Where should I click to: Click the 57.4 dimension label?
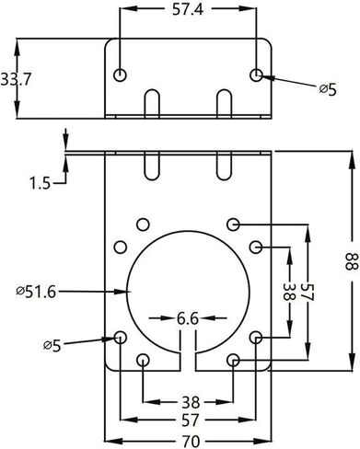point(188,9)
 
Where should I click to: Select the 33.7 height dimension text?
point(16,80)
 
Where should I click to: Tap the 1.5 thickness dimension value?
point(40,184)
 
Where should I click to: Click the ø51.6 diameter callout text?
point(36,292)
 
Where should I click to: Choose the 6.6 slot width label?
point(188,319)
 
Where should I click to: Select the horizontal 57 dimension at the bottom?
point(191,420)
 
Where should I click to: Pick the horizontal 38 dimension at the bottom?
point(191,402)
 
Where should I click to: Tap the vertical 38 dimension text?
point(288,292)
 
